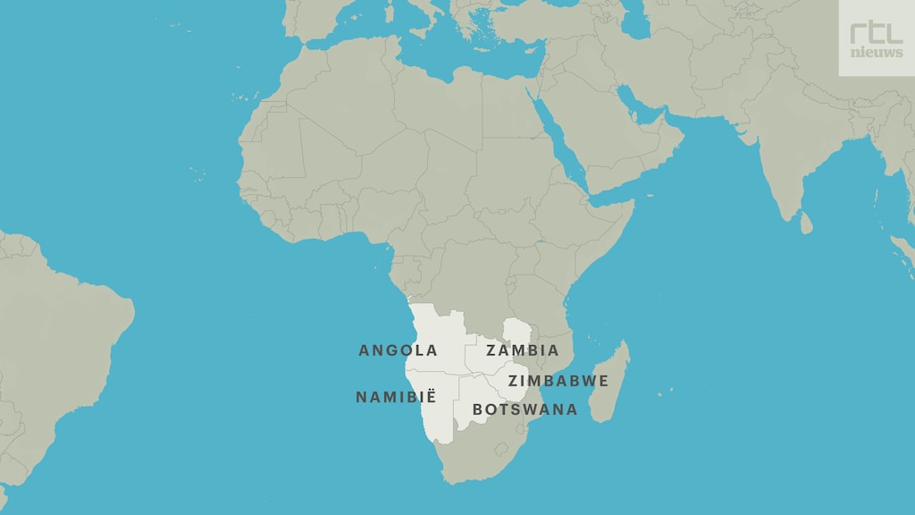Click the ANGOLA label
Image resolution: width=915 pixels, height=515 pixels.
point(398,350)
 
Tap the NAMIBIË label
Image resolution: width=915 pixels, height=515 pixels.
point(396,397)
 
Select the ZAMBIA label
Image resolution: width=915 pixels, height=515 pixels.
point(523,350)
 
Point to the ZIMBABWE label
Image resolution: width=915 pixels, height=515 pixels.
point(558,381)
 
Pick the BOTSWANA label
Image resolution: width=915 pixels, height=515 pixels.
point(525,409)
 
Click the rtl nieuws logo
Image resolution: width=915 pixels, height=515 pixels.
point(876,38)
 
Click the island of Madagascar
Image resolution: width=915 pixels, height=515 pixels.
point(613,384)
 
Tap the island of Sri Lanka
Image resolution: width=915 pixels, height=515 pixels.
point(806,223)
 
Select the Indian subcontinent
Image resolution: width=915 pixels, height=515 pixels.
point(786,161)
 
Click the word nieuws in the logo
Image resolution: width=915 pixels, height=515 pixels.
point(876,53)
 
